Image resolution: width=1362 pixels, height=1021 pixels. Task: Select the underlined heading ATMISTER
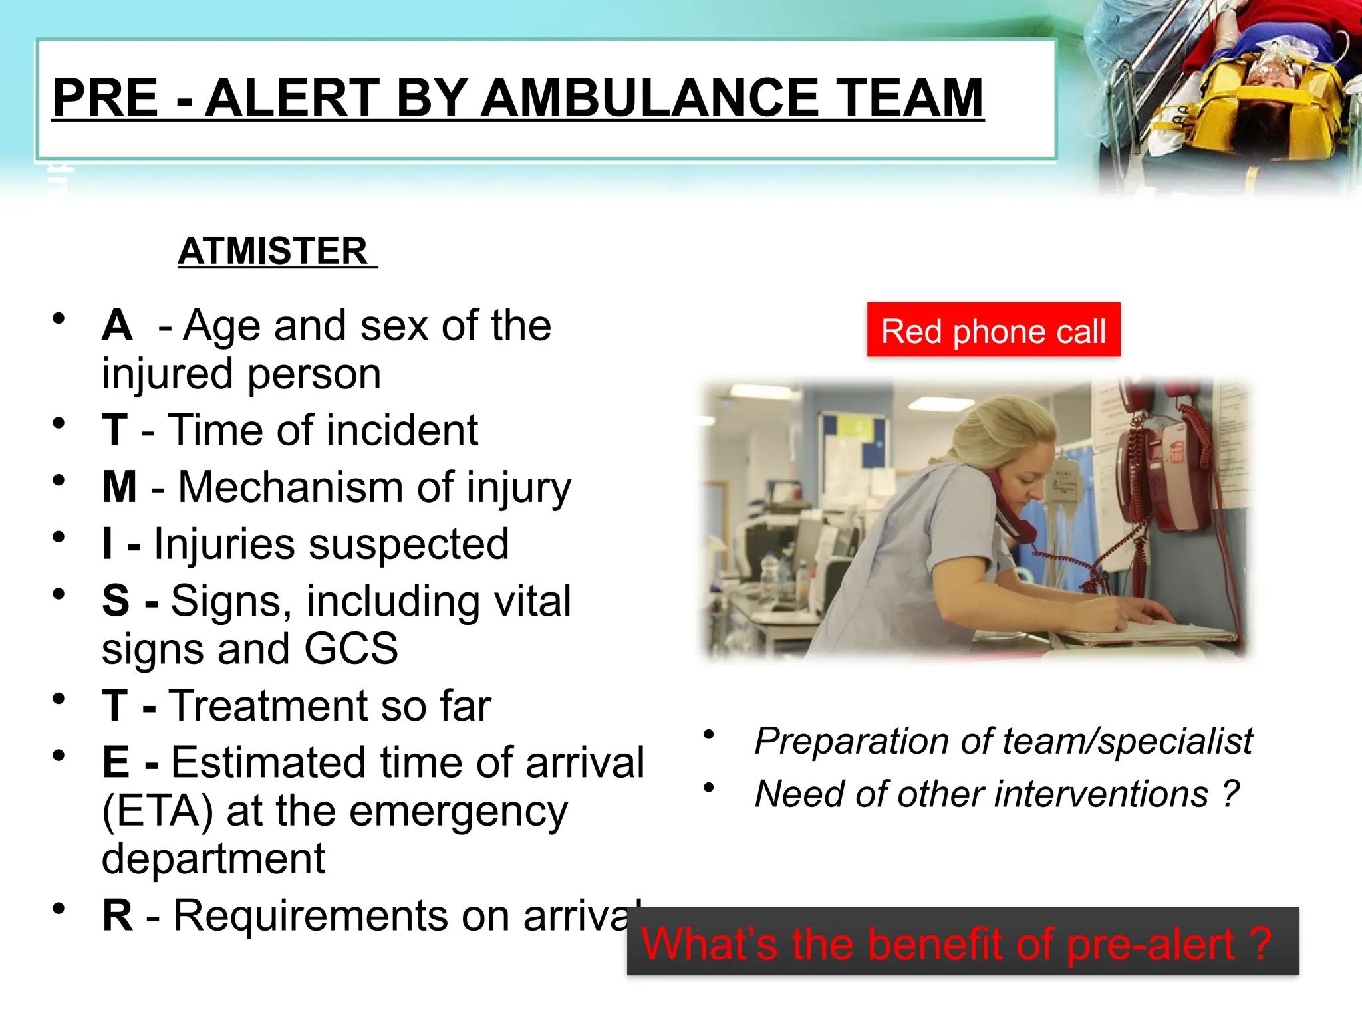point(273,251)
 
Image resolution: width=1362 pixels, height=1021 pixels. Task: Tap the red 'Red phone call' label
point(993,330)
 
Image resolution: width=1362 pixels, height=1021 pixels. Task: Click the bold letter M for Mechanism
point(120,487)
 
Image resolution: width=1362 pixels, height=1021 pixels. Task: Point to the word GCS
point(350,649)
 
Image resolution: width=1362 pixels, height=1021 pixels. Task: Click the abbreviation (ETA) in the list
point(158,811)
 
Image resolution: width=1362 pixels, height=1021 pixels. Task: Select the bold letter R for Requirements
point(117,915)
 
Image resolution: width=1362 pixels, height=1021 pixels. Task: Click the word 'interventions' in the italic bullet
point(1052,794)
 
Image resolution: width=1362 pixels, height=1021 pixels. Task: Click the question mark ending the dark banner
point(1259,943)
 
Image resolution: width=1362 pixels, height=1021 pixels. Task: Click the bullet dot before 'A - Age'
point(59,318)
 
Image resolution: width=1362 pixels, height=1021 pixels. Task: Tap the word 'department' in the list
point(213,859)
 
